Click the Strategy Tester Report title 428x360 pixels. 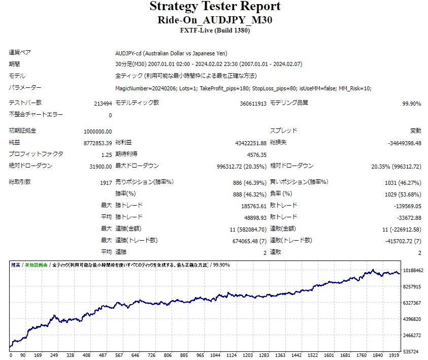tap(215, 7)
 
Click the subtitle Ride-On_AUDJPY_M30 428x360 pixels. tap(215, 20)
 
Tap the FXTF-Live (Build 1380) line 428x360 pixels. tap(215, 30)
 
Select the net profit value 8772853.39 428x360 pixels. tap(97, 143)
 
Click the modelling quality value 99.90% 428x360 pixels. tap(411, 104)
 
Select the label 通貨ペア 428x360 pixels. tap(19, 53)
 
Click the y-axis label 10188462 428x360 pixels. tap(413, 271)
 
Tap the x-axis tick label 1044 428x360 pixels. tap(215, 355)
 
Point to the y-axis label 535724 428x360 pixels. tap(411, 351)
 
